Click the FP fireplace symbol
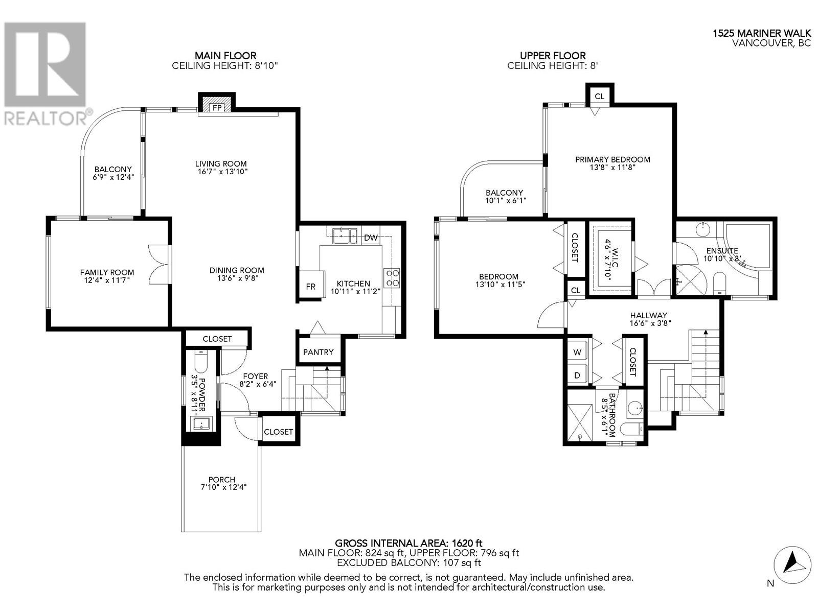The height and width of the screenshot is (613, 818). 217,107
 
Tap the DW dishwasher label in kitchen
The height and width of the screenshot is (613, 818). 371,238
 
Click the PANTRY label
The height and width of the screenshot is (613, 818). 318,352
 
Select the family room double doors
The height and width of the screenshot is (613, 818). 158,265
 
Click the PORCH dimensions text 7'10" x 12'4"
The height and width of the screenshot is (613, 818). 221,487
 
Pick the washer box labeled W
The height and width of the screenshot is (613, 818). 578,352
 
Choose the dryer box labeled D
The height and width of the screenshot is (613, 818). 578,375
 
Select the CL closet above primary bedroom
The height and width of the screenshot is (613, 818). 600,96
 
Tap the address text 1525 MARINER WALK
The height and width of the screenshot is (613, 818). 762,33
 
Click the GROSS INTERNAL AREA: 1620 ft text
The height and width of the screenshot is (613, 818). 408,543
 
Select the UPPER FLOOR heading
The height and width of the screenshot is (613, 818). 553,56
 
